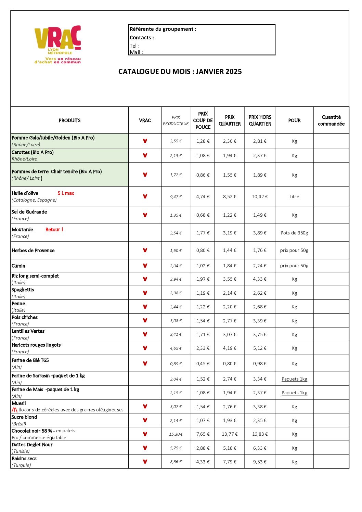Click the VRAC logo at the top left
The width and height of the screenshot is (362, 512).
pyautogui.click(x=57, y=44)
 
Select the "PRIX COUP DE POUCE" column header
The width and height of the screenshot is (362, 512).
pyautogui.click(x=203, y=120)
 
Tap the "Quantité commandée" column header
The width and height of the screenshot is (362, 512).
pyautogui.click(x=331, y=120)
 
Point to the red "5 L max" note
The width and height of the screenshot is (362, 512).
pyautogui.click(x=66, y=193)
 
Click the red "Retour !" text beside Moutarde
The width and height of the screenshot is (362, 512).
pyautogui.click(x=54, y=230)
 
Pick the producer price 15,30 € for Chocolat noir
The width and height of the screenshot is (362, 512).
pyautogui.click(x=176, y=434)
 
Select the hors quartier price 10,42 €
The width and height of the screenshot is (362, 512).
pyautogui.click(x=260, y=197)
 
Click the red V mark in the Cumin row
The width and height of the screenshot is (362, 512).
pyautogui.click(x=145, y=266)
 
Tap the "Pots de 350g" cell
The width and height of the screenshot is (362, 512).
pyautogui.click(x=294, y=233)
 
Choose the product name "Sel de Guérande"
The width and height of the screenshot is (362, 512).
pyautogui.click(x=29, y=212)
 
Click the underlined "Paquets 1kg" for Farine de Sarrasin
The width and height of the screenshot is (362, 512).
pyautogui.click(x=294, y=379)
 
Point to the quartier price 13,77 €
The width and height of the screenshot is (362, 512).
pyautogui.click(x=230, y=434)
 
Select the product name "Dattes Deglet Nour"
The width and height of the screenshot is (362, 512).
pyautogui.click(x=32, y=445)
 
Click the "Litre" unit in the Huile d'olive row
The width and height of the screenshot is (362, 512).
pyautogui.click(x=294, y=197)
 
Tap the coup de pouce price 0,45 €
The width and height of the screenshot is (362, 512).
pyautogui.click(x=203, y=364)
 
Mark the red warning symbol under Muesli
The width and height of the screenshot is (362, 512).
pyautogui.click(x=14, y=410)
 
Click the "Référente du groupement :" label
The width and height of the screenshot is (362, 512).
pyautogui.click(x=163, y=29)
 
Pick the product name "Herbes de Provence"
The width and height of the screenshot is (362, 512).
pyautogui.click(x=33, y=251)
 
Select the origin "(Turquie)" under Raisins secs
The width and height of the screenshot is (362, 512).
pyautogui.click(x=21, y=465)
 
